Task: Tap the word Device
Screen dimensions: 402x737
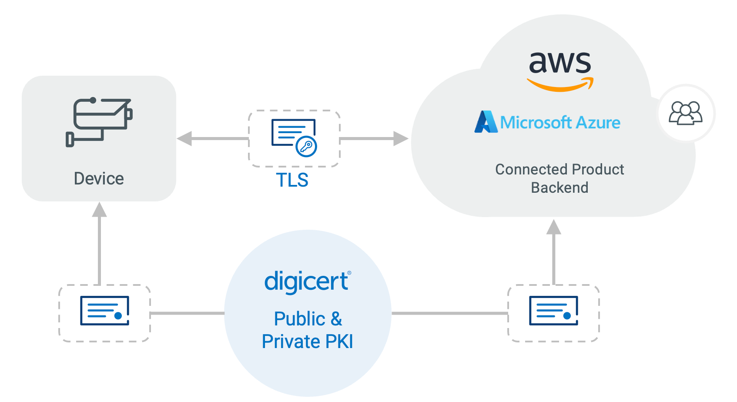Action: point(99,178)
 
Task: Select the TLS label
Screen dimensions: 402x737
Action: point(292,180)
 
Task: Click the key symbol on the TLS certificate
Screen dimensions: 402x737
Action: point(306,146)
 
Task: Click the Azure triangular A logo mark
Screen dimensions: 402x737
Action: point(486,122)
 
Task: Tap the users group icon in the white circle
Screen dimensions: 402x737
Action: point(686,113)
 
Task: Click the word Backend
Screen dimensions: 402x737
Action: point(559,188)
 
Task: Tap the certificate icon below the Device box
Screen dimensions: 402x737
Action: point(105,311)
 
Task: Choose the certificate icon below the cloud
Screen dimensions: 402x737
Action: point(553,311)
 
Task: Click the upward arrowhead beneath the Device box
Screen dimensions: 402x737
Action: point(100,210)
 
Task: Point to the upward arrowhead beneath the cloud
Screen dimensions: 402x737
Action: point(554,227)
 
